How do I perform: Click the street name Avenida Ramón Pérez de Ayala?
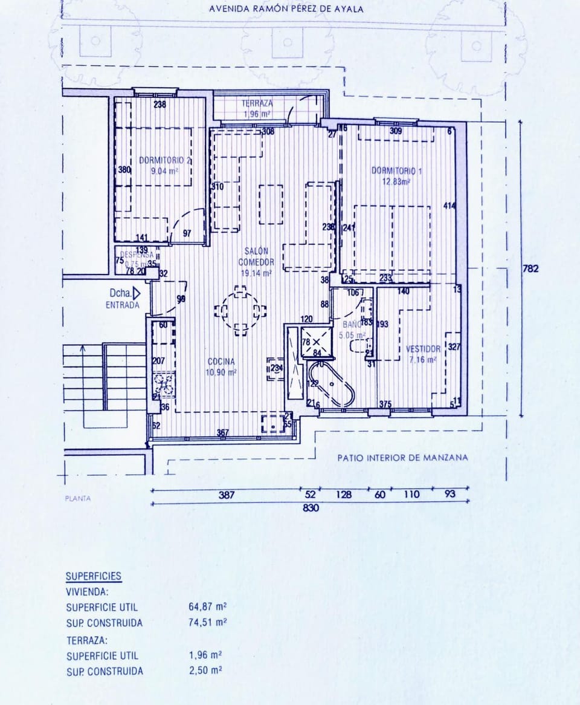coord(286,9)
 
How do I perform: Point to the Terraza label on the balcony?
coord(257,103)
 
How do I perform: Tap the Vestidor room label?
coord(422,349)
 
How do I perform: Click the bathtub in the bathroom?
coord(332,384)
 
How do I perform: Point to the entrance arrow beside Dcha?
coord(137,293)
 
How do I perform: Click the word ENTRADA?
coord(122,305)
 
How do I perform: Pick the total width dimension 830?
coord(310,508)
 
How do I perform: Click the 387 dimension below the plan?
coord(227,495)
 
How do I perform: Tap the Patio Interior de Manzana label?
coord(402,458)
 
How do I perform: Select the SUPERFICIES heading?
coord(94,576)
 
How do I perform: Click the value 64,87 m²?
coord(207,606)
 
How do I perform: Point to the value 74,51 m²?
coord(207,623)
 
